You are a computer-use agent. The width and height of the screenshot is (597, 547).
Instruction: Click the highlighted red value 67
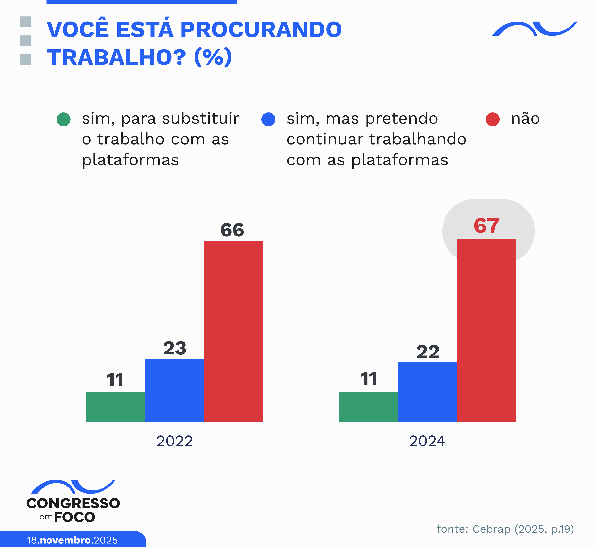pos(486,226)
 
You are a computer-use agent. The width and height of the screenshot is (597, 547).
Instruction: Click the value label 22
pos(428,352)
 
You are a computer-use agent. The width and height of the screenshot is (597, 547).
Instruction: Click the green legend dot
pos(63,119)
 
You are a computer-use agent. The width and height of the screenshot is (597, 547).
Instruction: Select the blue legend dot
pos(268,119)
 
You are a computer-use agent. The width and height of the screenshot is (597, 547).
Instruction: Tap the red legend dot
pos(492,119)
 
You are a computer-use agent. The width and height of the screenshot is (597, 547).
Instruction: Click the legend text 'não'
pos(525,119)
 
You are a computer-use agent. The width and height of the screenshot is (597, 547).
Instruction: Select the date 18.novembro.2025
pos(72,540)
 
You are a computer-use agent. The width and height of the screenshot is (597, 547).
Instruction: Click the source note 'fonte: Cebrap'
pos(505,529)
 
